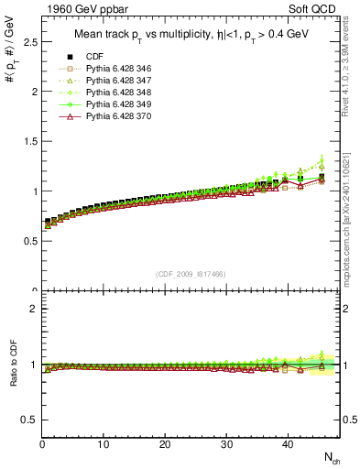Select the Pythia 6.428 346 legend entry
[x=114, y=70]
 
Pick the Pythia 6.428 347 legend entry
[x=114, y=82]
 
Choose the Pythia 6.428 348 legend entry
[x=114, y=93]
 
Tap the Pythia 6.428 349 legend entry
[x=114, y=105]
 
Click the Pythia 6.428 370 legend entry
[x=114, y=117]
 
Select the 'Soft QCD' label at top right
[x=313, y=10]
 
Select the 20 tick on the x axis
[x=165, y=445]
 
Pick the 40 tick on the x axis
[x=287, y=445]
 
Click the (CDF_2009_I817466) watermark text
[x=191, y=273]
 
